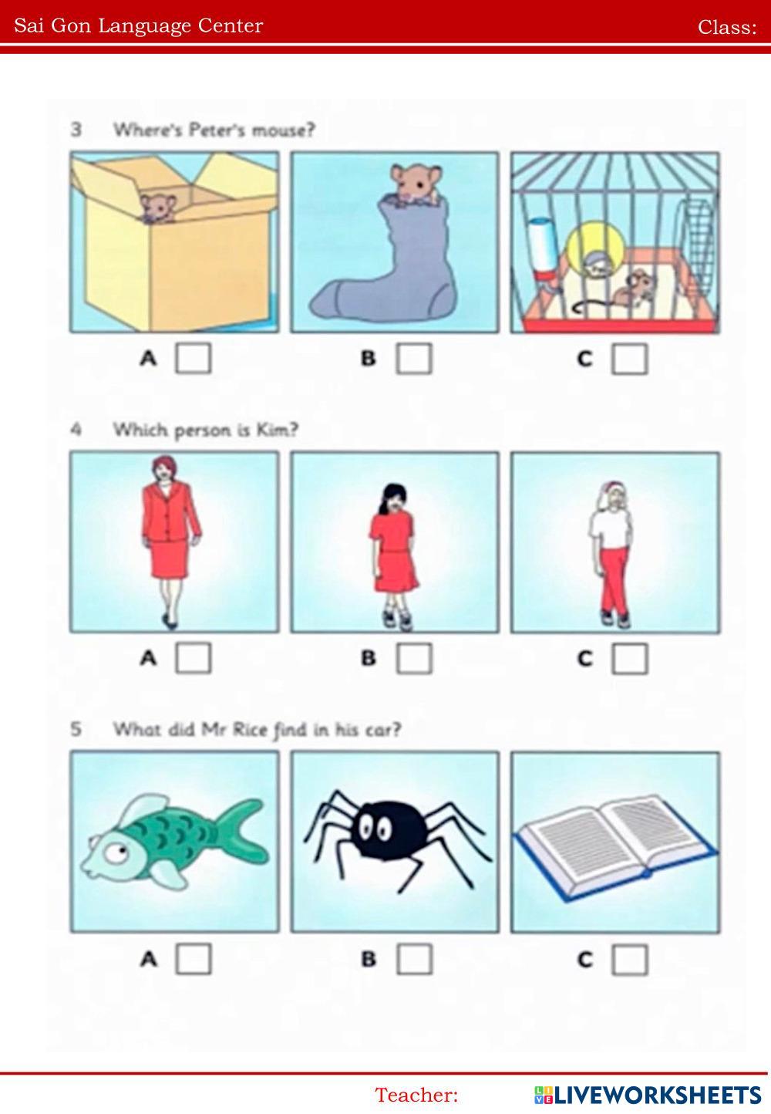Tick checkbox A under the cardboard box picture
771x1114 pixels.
193,358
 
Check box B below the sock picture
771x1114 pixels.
413,358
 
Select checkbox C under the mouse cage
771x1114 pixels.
629,359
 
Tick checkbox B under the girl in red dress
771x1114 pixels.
413,659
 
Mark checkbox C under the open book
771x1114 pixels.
629,960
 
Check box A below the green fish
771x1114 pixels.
193,958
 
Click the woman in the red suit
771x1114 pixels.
170,542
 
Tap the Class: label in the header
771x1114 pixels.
727,27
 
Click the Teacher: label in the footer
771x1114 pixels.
416,1095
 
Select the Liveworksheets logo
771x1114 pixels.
647,1095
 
